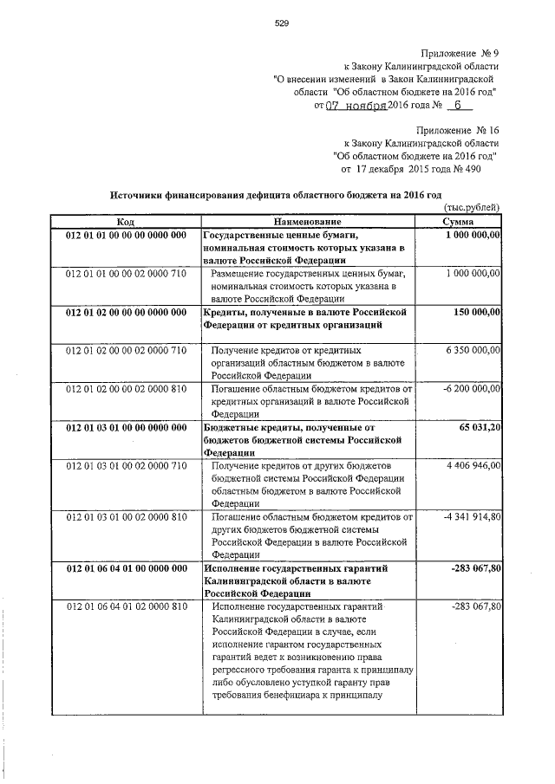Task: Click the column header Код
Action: tap(126, 223)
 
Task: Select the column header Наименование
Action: tap(310, 223)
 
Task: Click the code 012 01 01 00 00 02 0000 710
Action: tap(126, 274)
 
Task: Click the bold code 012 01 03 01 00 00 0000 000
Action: tap(126, 427)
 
